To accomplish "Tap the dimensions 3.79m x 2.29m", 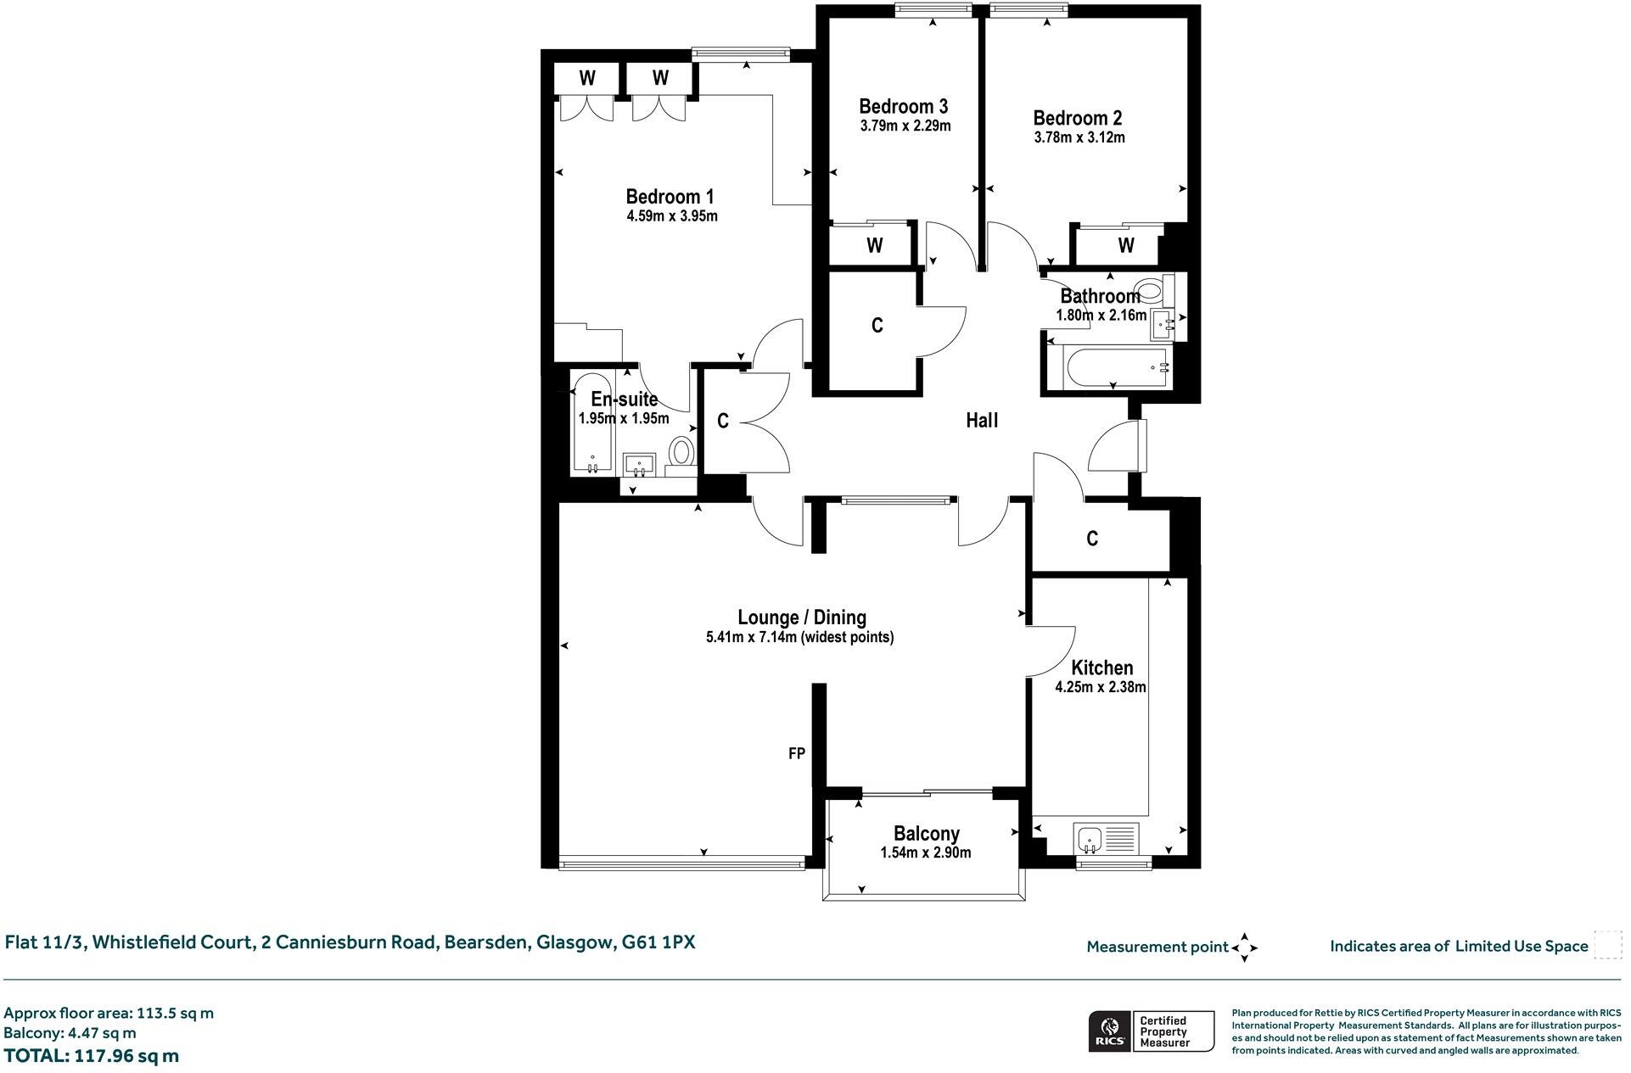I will pyautogui.click(x=905, y=126).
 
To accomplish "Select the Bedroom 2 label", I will pyautogui.click(x=1078, y=118).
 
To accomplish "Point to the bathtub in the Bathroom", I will pyautogui.click(x=1107, y=367).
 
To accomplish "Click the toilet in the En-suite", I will pyautogui.click(x=681, y=451).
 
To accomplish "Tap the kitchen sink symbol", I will pyautogui.click(x=1089, y=841).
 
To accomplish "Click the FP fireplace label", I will pyautogui.click(x=796, y=753).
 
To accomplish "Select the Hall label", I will pyautogui.click(x=982, y=421).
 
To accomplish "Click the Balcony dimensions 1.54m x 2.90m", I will pyautogui.click(x=925, y=852).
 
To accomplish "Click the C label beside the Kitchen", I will pyautogui.click(x=1092, y=539).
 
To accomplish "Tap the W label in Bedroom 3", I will pyautogui.click(x=875, y=246).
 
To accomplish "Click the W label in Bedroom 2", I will pyautogui.click(x=1126, y=246).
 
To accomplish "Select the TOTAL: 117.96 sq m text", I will pyautogui.click(x=92, y=1056).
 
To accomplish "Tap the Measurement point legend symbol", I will pyautogui.click(x=1244, y=947).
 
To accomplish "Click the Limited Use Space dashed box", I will pyautogui.click(x=1607, y=945).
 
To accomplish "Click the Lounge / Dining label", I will pyautogui.click(x=801, y=618).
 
